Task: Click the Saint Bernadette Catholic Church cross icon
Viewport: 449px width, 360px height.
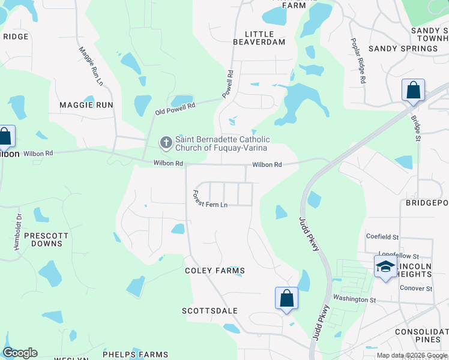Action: click(166, 143)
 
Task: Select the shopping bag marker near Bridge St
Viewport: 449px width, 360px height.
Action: click(413, 91)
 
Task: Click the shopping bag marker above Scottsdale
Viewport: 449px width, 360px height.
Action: click(286, 298)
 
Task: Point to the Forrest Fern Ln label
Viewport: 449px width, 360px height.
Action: click(209, 200)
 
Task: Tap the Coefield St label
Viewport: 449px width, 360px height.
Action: click(382, 236)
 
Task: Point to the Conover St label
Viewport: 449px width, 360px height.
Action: click(416, 289)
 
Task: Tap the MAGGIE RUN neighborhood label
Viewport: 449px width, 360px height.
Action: click(86, 104)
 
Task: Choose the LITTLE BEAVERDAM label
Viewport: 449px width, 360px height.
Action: click(268, 39)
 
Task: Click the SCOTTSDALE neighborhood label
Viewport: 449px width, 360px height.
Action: click(209, 311)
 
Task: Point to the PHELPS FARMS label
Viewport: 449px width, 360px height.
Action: click(135, 355)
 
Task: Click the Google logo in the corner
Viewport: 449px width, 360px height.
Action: click(20, 353)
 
